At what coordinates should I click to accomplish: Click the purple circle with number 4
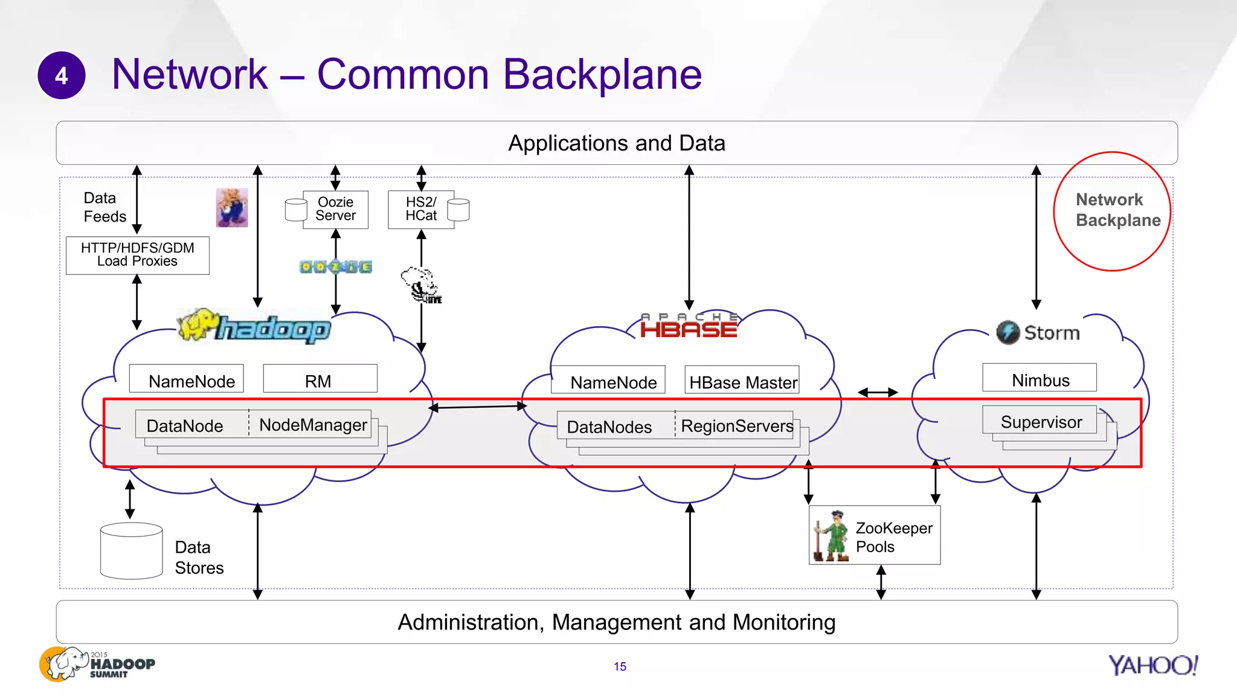(x=62, y=76)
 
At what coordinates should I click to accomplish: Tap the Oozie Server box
(x=335, y=210)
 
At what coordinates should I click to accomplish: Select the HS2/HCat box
(x=421, y=210)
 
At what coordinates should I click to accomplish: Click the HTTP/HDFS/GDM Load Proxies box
(x=138, y=255)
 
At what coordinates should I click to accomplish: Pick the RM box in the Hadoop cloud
(x=320, y=379)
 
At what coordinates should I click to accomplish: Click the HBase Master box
(x=742, y=381)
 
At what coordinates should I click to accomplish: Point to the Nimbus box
(x=1039, y=378)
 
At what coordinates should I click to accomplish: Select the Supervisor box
(x=1040, y=421)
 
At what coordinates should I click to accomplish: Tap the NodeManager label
(x=312, y=424)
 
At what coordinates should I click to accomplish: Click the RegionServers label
(x=736, y=425)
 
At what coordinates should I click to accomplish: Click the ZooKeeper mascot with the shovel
(x=832, y=535)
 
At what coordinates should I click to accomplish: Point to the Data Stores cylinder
(x=131, y=550)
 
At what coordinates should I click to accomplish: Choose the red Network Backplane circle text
(x=1117, y=210)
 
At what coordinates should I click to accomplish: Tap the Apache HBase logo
(x=689, y=326)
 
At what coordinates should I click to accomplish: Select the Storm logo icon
(x=1007, y=332)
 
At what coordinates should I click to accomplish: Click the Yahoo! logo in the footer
(x=1152, y=665)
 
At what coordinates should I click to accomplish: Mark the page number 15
(x=620, y=666)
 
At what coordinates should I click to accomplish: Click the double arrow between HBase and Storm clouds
(x=878, y=393)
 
